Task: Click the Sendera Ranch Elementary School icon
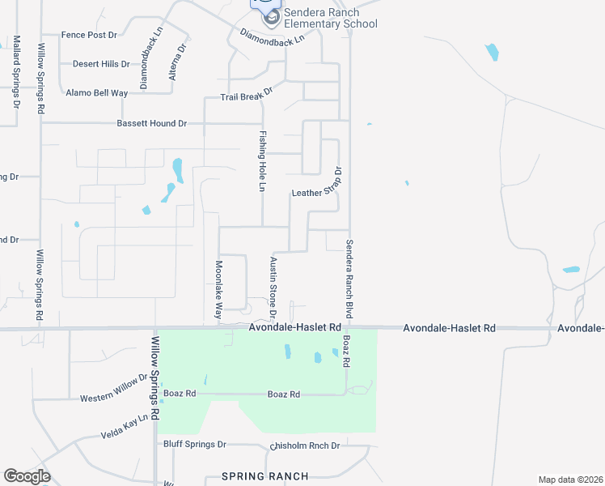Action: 272,16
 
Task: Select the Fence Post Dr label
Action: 90,36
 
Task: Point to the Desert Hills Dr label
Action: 101,64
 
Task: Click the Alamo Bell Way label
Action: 97,93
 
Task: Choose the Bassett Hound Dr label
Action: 152,123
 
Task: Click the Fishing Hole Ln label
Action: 263,161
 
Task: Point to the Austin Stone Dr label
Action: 273,288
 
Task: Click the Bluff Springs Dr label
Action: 195,445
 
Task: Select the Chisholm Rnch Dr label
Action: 304,446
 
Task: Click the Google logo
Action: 27,476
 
